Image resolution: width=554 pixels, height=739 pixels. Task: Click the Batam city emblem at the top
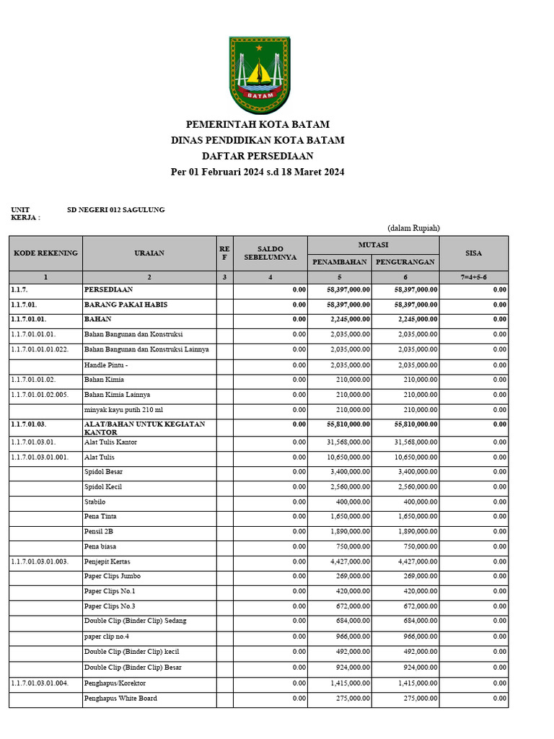point(260,75)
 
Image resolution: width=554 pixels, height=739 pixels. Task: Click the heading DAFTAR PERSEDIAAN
point(258,156)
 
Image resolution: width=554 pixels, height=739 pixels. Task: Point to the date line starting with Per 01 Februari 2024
point(258,172)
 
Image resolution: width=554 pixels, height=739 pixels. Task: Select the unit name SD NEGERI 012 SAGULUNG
point(115,210)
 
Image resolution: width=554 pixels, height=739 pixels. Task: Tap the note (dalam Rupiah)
point(413,228)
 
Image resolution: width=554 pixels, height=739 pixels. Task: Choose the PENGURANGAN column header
point(406,262)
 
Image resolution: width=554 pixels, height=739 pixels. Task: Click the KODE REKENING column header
point(45,253)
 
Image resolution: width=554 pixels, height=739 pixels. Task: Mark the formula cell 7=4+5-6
point(474,277)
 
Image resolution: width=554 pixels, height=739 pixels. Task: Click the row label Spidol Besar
point(104,472)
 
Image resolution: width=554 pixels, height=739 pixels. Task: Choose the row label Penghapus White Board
point(120,698)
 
